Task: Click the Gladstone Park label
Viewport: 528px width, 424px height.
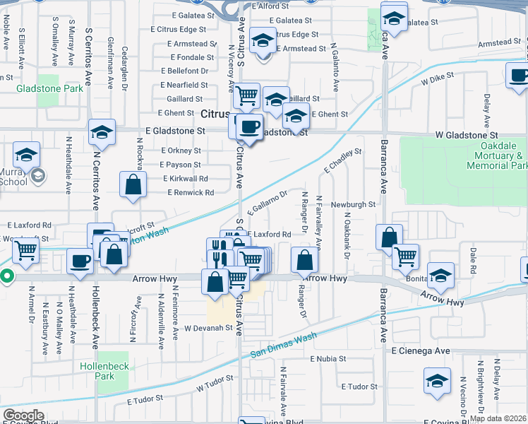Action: (x=51, y=88)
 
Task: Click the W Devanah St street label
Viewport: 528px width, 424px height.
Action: (x=208, y=328)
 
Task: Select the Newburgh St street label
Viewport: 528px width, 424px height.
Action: (x=353, y=204)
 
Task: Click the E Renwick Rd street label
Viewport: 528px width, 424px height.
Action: (x=191, y=193)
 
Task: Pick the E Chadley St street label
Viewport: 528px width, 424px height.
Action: (x=343, y=161)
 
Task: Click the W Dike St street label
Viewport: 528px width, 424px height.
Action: (x=435, y=82)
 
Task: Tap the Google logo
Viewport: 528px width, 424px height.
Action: (x=24, y=416)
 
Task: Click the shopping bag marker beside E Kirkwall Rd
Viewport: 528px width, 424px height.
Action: (x=133, y=185)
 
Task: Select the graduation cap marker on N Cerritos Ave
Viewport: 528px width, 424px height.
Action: (x=102, y=132)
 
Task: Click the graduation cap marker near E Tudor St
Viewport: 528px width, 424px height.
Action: (x=437, y=382)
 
